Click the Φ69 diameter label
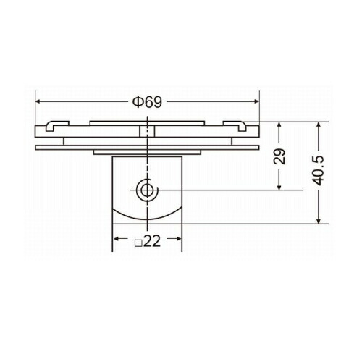point(147,102)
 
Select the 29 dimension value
point(279,156)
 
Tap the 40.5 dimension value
point(318,171)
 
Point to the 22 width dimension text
point(152,241)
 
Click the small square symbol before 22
point(138,243)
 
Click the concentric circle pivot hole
point(146,190)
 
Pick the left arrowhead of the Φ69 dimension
point(38,102)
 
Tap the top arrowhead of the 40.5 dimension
point(319,125)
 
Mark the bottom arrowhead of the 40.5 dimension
point(319,221)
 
